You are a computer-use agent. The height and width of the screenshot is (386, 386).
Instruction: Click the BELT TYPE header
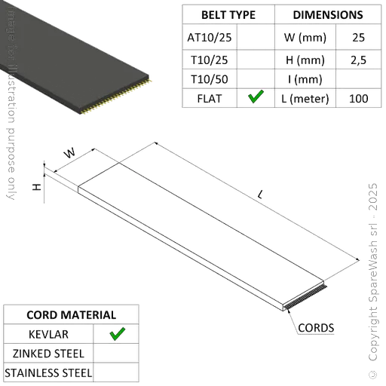(228, 15)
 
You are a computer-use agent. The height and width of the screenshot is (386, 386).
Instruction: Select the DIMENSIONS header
(327, 15)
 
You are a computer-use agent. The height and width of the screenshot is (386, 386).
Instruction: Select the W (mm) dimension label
(305, 36)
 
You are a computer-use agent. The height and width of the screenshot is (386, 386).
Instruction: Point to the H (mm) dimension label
(305, 58)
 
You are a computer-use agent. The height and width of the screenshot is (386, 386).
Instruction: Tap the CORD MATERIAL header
(71, 314)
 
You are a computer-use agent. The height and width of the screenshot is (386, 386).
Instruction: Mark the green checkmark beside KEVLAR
(116, 334)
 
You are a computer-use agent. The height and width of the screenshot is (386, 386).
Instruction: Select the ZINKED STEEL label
(49, 353)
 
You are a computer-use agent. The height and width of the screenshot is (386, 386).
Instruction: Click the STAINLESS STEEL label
(49, 372)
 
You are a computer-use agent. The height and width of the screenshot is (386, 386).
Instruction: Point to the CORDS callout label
(316, 328)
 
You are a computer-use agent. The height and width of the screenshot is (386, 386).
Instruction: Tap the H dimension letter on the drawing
(35, 185)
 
